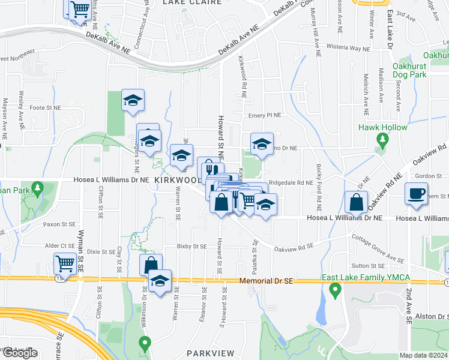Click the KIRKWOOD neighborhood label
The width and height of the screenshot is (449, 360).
coord(178,180)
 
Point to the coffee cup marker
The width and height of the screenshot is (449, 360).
coord(415,195)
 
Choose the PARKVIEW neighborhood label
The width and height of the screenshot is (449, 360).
coord(209,353)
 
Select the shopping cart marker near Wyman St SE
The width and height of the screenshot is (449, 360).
coord(65,263)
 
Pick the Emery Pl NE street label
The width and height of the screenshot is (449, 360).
coord(265,115)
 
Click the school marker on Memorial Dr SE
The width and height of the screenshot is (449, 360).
coord(160,281)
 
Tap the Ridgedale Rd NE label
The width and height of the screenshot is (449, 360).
coord(291,182)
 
